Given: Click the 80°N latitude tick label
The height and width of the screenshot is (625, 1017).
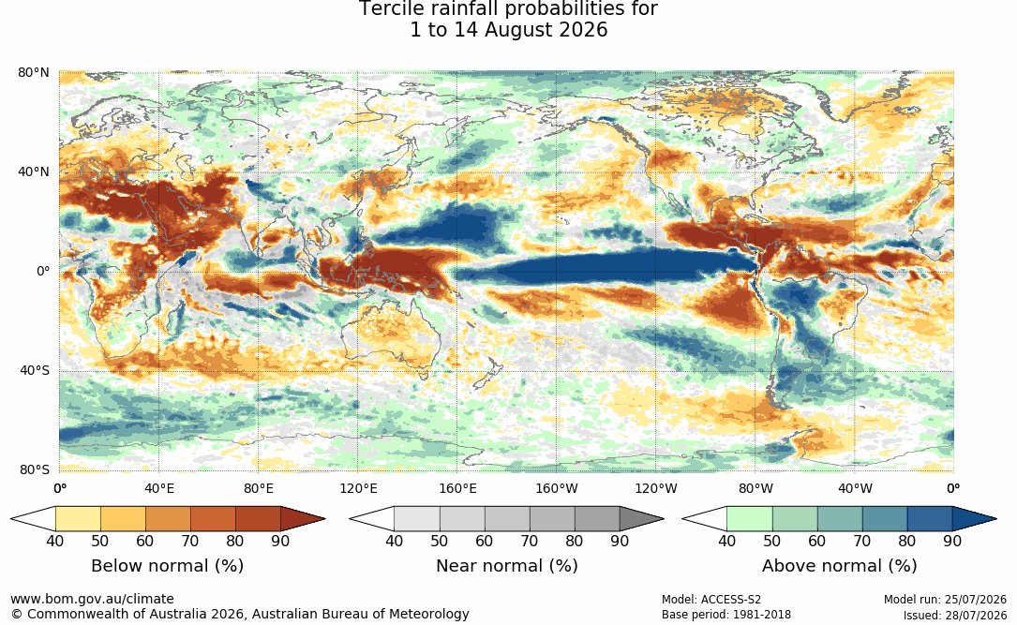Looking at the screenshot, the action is [x=33, y=72].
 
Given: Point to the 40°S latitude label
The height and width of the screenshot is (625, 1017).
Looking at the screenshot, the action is [x=35, y=371].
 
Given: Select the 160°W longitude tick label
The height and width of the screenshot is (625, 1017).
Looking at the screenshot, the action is [x=557, y=488].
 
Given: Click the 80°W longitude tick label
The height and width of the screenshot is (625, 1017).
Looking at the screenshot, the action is [x=755, y=488].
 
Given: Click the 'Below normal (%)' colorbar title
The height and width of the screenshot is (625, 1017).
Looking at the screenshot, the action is [x=168, y=566].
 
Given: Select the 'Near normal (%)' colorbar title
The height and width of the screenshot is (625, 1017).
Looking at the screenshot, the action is [x=506, y=566].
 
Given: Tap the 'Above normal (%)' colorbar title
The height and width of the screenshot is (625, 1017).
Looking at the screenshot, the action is [x=839, y=566].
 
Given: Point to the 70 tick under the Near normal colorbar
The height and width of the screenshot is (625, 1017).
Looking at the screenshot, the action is [x=530, y=541].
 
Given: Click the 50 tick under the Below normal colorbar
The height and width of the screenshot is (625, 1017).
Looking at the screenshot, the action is [x=100, y=541].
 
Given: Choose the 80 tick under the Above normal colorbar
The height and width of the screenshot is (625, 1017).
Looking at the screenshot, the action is [x=906, y=541].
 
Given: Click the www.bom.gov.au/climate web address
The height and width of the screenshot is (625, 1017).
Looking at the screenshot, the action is [x=92, y=599].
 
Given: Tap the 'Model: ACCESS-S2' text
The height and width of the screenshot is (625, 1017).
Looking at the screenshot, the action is [x=711, y=600].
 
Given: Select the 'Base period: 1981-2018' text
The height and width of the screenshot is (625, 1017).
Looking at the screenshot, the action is [x=726, y=615].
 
